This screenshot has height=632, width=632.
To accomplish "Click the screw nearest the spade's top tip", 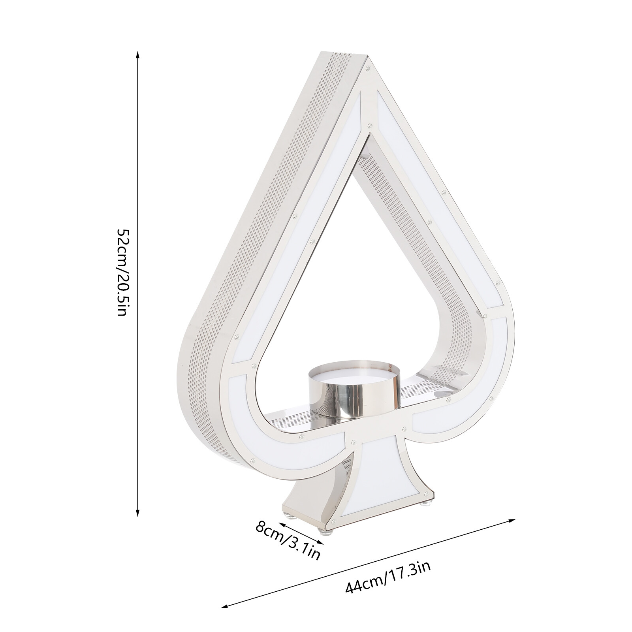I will [368, 70].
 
